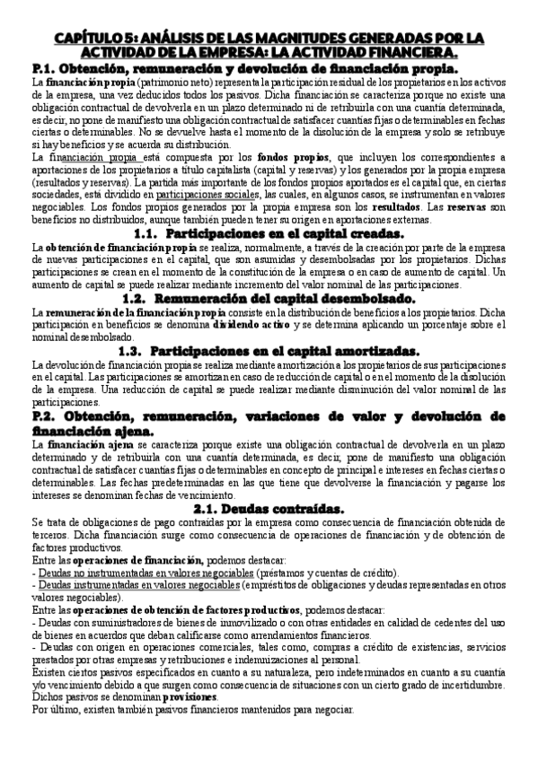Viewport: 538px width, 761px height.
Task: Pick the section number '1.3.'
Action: (161, 350)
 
